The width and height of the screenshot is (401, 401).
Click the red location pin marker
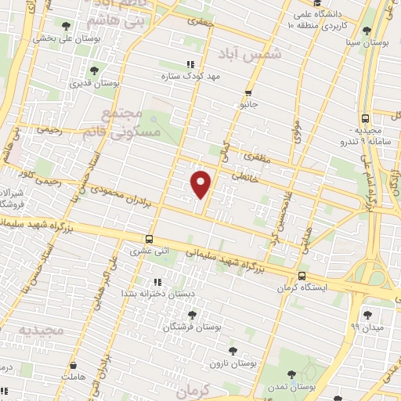coord(201,183)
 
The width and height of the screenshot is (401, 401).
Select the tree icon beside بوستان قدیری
coord(94,70)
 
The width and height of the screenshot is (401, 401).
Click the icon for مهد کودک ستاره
coord(188,65)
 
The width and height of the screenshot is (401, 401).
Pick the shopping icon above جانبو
coord(248,92)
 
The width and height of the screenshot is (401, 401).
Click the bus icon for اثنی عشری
coord(149,240)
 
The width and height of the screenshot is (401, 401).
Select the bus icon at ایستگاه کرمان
coord(302,276)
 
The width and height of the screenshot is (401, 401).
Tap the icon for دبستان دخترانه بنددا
coord(157,282)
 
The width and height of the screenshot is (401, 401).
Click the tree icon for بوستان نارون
coord(231,352)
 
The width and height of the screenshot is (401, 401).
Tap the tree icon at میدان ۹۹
coord(367,315)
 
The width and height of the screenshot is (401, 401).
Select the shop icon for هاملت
coord(72,365)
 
